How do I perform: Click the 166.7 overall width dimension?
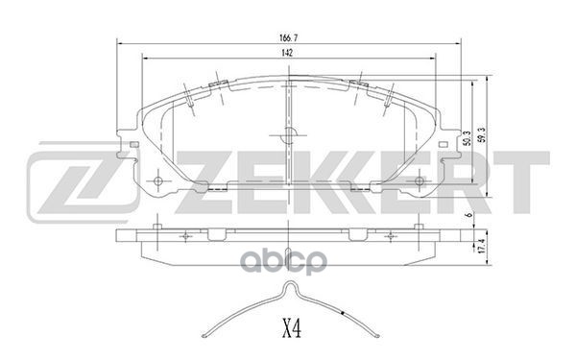click(288, 38)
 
